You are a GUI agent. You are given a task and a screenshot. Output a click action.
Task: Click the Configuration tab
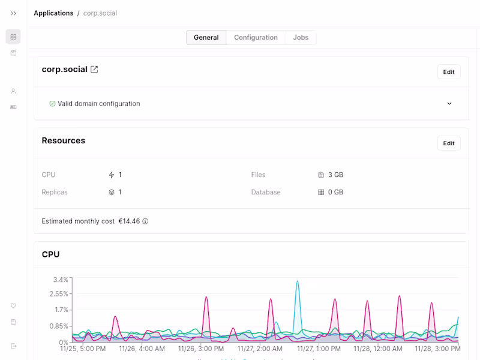(x=256, y=37)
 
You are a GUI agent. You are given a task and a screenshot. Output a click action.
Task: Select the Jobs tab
(x=301, y=37)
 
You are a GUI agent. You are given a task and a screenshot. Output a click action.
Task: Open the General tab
(x=206, y=37)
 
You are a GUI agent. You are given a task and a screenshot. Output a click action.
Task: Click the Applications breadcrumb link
(x=53, y=13)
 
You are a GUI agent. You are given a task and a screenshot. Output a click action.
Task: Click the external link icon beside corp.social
(x=94, y=70)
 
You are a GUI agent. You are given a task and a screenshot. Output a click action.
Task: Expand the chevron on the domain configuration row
(x=449, y=104)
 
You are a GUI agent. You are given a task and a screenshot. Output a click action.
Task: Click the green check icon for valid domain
(x=52, y=104)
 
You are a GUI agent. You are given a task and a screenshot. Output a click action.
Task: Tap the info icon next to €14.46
(x=145, y=221)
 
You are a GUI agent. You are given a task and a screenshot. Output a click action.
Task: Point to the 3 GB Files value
(x=335, y=175)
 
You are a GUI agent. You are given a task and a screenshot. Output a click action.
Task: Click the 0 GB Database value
(x=335, y=193)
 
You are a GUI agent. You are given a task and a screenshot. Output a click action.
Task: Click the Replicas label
(x=55, y=193)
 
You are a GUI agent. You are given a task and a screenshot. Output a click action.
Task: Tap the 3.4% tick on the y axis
(x=61, y=280)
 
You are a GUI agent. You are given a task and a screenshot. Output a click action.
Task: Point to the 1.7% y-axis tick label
(x=61, y=310)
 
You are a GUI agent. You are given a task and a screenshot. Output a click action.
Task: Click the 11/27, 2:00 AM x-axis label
(x=259, y=349)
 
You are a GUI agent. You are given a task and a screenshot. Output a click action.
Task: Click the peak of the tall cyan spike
(x=297, y=281)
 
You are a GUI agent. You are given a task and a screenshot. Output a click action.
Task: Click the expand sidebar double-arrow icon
(x=13, y=13)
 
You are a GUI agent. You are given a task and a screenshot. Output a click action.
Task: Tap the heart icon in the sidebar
(x=13, y=306)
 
